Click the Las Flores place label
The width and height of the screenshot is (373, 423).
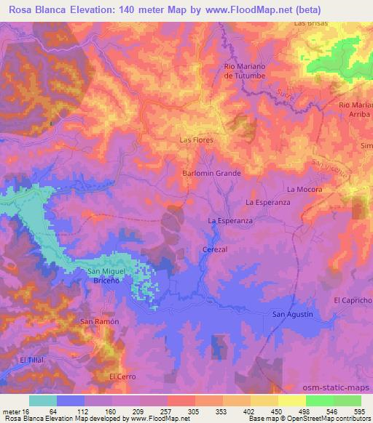(196, 140)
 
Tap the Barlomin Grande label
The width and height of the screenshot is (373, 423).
(211, 174)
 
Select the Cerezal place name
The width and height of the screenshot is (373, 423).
(216, 249)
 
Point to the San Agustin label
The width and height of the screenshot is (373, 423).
(292, 314)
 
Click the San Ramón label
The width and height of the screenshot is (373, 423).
(99, 321)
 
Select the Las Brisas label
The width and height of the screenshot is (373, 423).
(311, 23)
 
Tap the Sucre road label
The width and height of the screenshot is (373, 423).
(285, 93)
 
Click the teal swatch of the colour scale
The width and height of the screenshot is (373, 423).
(43, 400)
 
